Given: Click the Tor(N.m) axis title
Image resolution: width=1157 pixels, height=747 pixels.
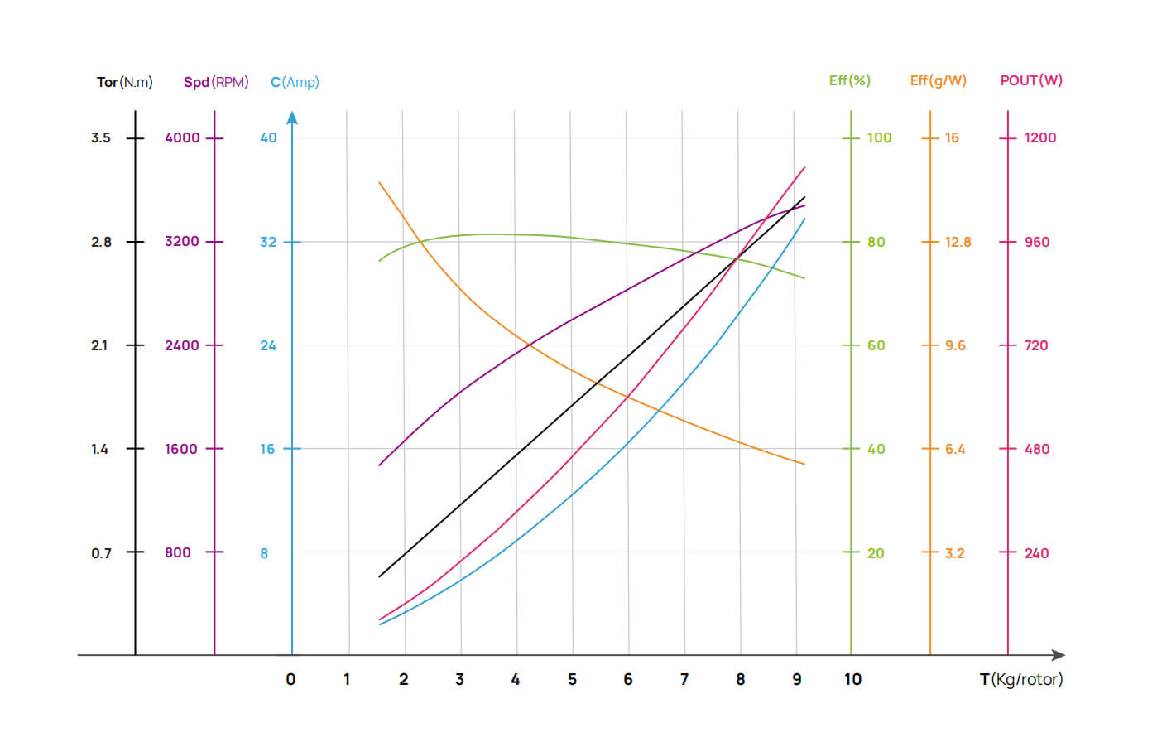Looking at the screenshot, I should point(124,82).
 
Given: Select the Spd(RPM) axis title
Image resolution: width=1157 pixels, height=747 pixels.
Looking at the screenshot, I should point(216,82).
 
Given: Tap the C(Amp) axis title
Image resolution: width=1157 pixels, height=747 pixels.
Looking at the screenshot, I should point(295,82).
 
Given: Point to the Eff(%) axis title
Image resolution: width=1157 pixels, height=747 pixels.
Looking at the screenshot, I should point(849,80).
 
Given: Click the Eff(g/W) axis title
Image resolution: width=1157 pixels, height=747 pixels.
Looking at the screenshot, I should point(938,80).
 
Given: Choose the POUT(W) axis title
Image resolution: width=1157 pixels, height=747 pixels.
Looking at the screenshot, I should point(1031,80).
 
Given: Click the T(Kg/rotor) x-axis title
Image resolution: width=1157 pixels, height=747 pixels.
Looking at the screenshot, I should point(1020,680).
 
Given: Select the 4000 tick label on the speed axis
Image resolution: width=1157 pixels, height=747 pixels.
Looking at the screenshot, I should point(182,137).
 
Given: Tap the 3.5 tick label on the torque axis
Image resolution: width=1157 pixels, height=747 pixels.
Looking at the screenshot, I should point(101,137).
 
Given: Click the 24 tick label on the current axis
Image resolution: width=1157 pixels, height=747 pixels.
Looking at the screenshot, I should point(268,345).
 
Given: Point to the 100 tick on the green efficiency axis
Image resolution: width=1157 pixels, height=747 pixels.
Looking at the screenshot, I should point(879,137).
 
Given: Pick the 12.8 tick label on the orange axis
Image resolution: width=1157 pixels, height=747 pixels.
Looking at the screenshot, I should point(958,242).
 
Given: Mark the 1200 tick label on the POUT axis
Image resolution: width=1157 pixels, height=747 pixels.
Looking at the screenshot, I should point(1040,137).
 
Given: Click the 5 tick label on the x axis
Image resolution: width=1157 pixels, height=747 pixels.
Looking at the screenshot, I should point(572,680).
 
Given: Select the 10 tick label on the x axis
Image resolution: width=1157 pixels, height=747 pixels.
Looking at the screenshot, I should point(852,680).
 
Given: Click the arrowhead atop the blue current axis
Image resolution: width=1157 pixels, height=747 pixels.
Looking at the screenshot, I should point(292,118).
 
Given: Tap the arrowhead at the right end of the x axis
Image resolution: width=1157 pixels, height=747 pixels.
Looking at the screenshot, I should point(1059,655).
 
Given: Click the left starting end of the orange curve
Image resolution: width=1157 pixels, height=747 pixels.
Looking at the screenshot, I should point(380,182).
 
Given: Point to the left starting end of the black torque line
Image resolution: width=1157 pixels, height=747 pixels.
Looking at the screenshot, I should point(380,576).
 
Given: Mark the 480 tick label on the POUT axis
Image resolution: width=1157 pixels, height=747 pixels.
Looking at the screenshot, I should point(1037,449).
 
